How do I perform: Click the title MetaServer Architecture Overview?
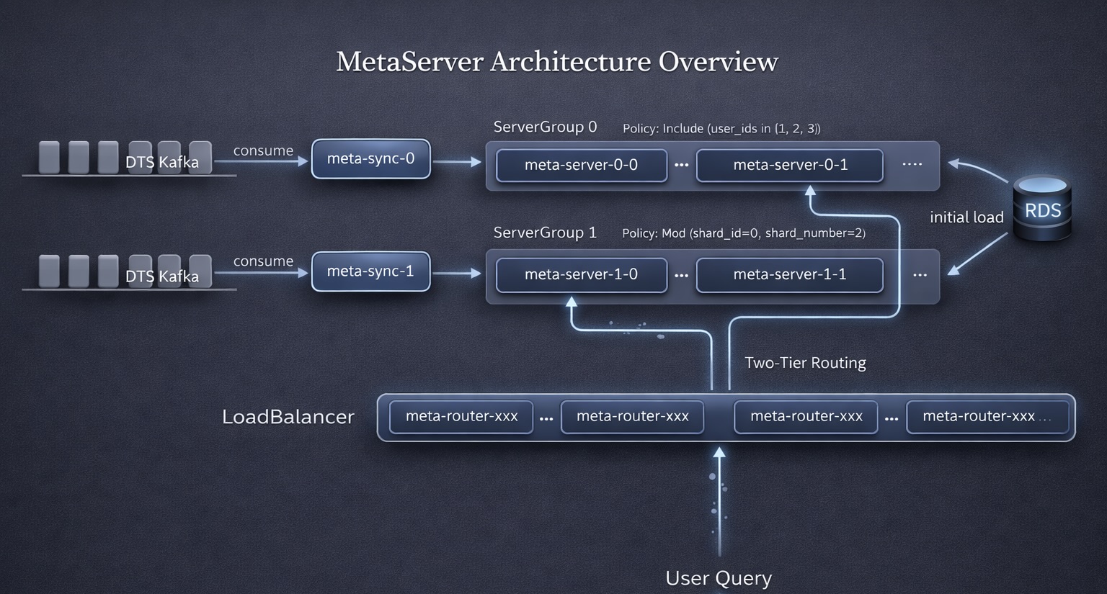pyautogui.click(x=556, y=62)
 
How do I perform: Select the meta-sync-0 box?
pyautogui.click(x=370, y=158)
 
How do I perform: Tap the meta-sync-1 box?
pyautogui.click(x=370, y=271)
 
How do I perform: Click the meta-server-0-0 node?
pyautogui.click(x=581, y=165)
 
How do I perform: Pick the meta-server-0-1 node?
pyautogui.click(x=790, y=165)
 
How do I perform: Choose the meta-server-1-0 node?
pyautogui.click(x=581, y=274)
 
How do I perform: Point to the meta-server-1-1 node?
pyautogui.click(x=790, y=274)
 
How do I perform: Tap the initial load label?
pyautogui.click(x=966, y=217)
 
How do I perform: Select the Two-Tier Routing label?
pyautogui.click(x=805, y=363)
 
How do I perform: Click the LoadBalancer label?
pyautogui.click(x=288, y=417)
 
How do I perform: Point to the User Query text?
pyautogui.click(x=719, y=578)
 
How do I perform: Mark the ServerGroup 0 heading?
pyautogui.click(x=545, y=127)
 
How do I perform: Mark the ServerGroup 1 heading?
pyautogui.click(x=545, y=233)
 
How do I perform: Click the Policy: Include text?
pyautogui.click(x=721, y=129)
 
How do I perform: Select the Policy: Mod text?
pyautogui.click(x=744, y=233)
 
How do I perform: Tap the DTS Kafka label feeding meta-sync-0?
pyautogui.click(x=162, y=162)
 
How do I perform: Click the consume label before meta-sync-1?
pyautogui.click(x=263, y=261)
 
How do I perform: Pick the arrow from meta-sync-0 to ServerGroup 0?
pyautogui.click(x=457, y=162)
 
